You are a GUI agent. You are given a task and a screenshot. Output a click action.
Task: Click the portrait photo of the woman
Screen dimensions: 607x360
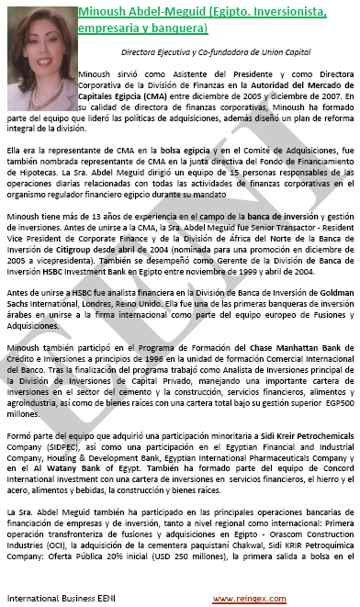39,41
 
